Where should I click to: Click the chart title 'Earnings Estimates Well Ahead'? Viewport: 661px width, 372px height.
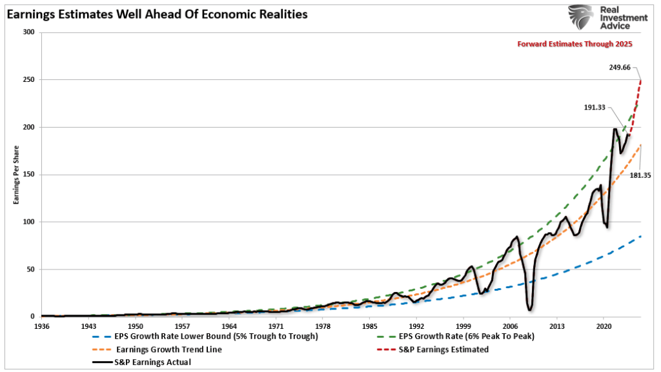click(x=156, y=13)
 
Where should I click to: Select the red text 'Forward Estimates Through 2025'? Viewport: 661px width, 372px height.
click(x=575, y=44)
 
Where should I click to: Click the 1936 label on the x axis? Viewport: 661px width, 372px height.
click(x=42, y=326)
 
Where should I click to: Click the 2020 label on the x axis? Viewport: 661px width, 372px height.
click(x=604, y=326)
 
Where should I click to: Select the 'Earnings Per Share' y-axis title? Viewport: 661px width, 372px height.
click(x=15, y=175)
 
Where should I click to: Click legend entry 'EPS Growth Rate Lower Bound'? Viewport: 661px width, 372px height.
click(x=207, y=337)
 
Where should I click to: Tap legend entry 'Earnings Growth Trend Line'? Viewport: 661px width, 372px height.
click(x=167, y=349)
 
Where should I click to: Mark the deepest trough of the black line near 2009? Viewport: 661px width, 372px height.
click(x=529, y=309)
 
